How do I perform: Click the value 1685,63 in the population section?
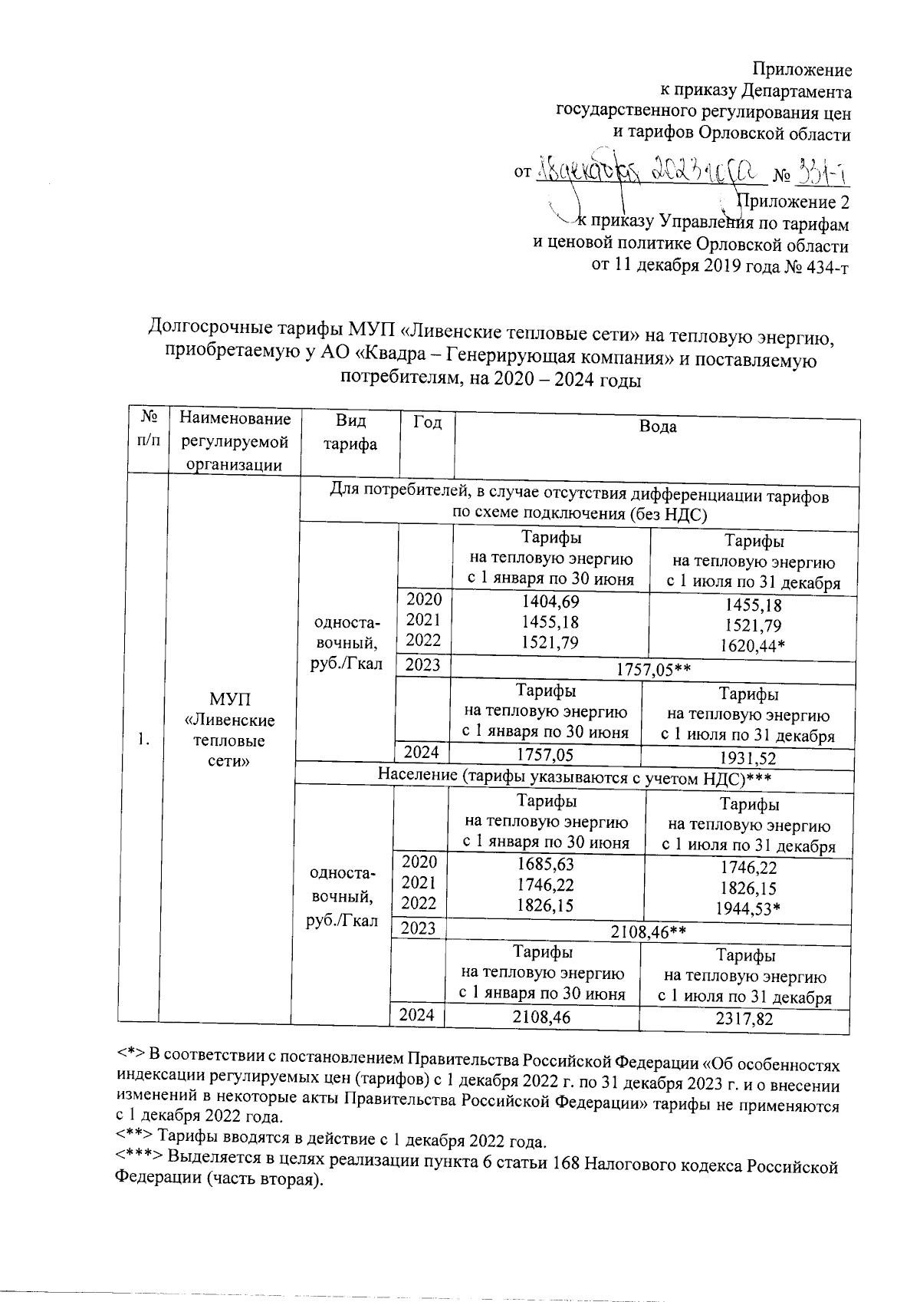(x=545, y=865)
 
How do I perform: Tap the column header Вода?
(x=658, y=427)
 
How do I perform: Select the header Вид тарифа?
(x=350, y=433)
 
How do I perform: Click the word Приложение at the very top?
(x=803, y=71)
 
